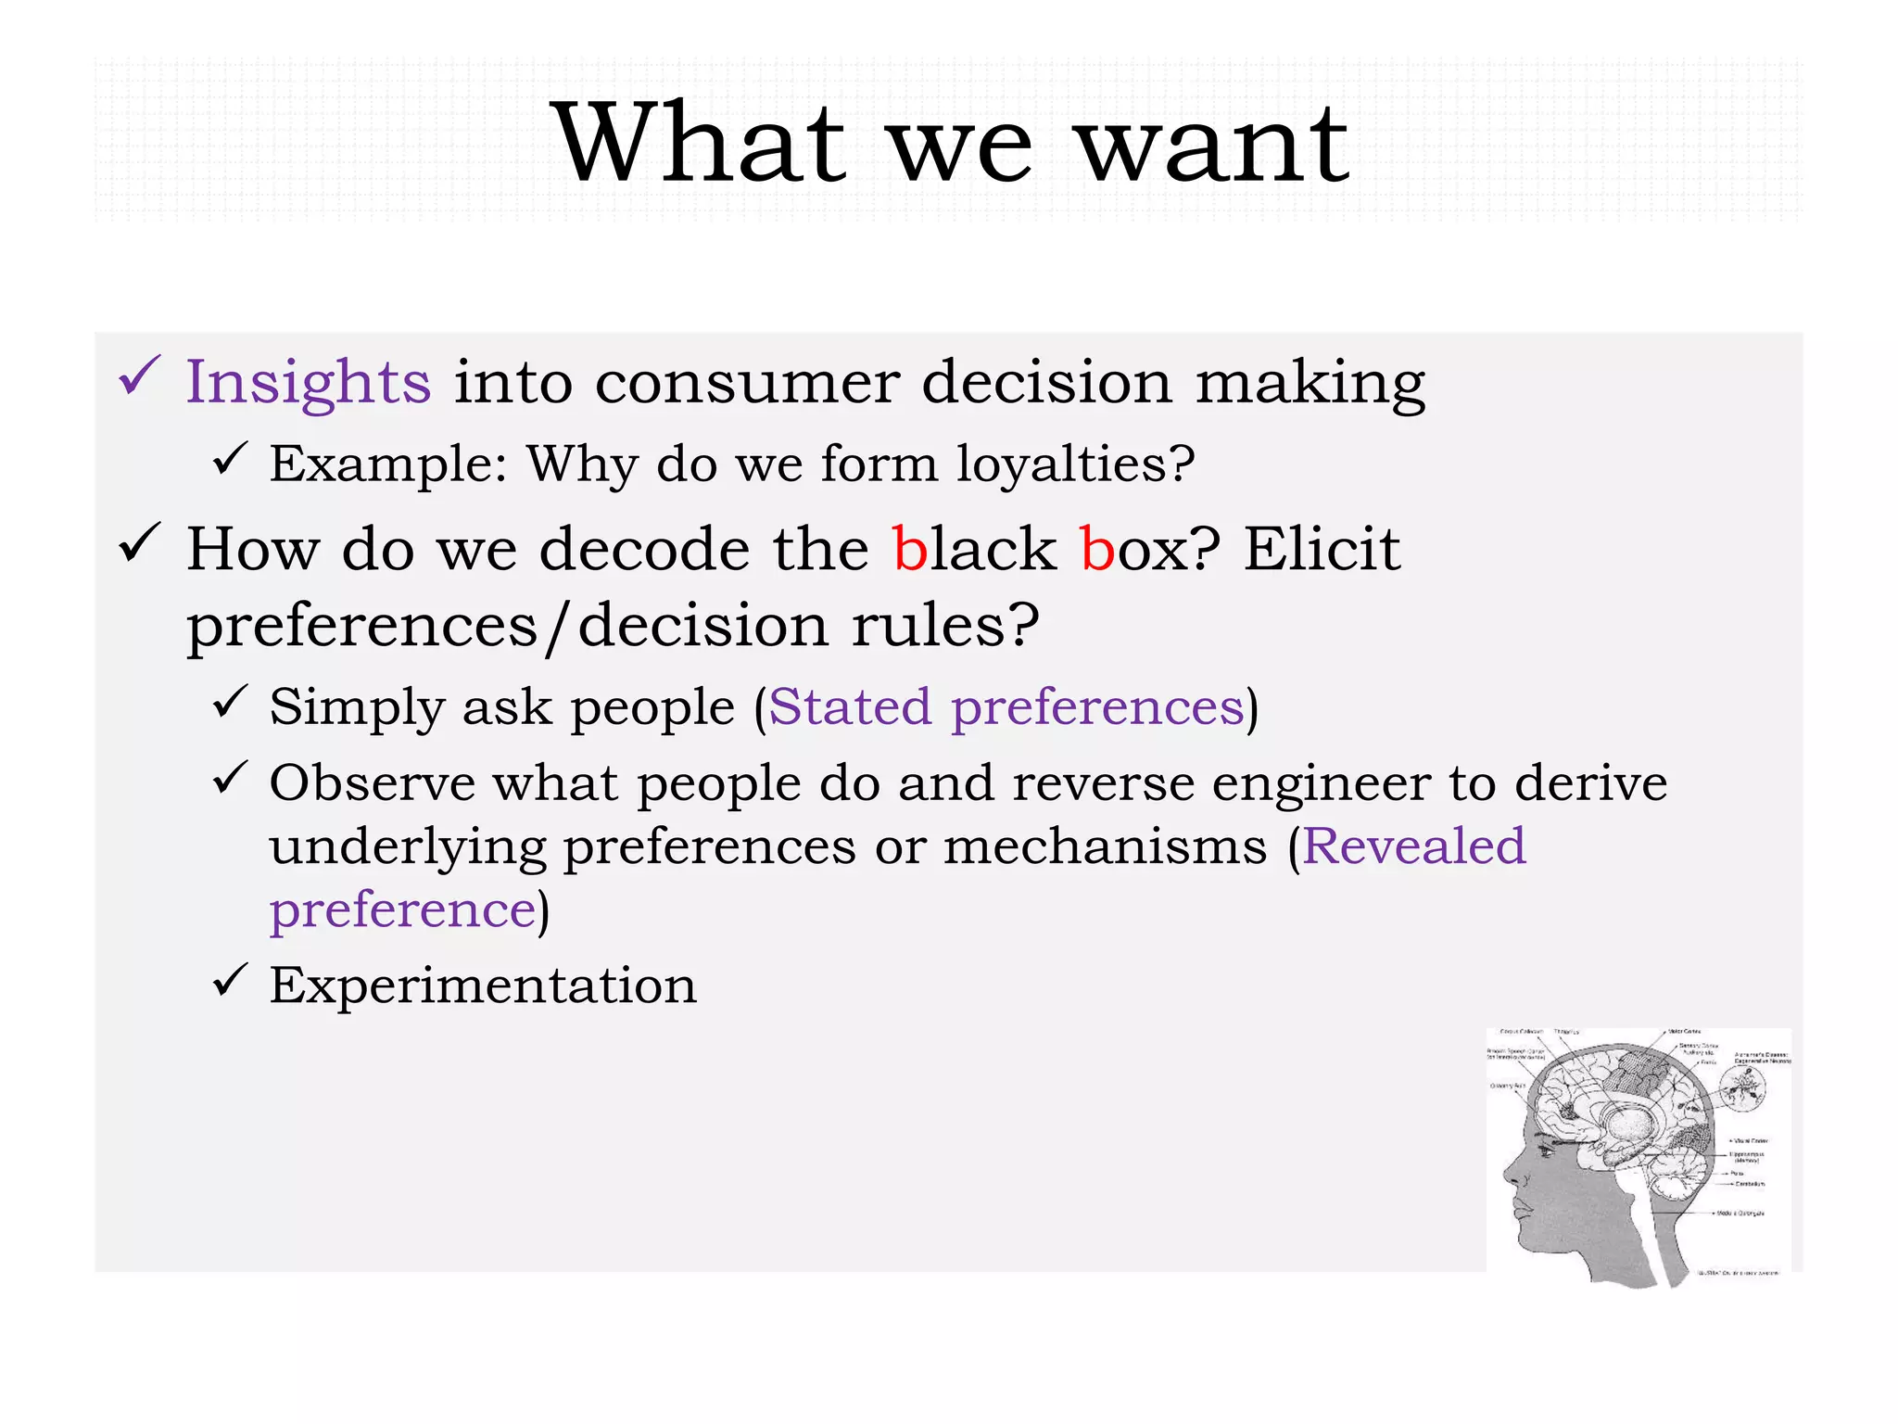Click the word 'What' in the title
[x=700, y=144]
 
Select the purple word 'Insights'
[x=308, y=382]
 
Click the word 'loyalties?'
[x=1075, y=464]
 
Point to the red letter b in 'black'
[x=910, y=549]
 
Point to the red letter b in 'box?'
[x=1097, y=549]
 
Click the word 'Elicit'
[x=1321, y=549]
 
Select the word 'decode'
[x=644, y=549]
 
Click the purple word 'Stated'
[x=850, y=707]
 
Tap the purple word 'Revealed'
[x=1413, y=846]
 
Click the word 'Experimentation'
[x=483, y=985]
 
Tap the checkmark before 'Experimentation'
[x=229, y=980]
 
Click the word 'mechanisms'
[x=1105, y=846]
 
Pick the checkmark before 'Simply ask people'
[x=229, y=702]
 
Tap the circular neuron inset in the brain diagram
[x=1743, y=1087]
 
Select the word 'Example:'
[x=388, y=464]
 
